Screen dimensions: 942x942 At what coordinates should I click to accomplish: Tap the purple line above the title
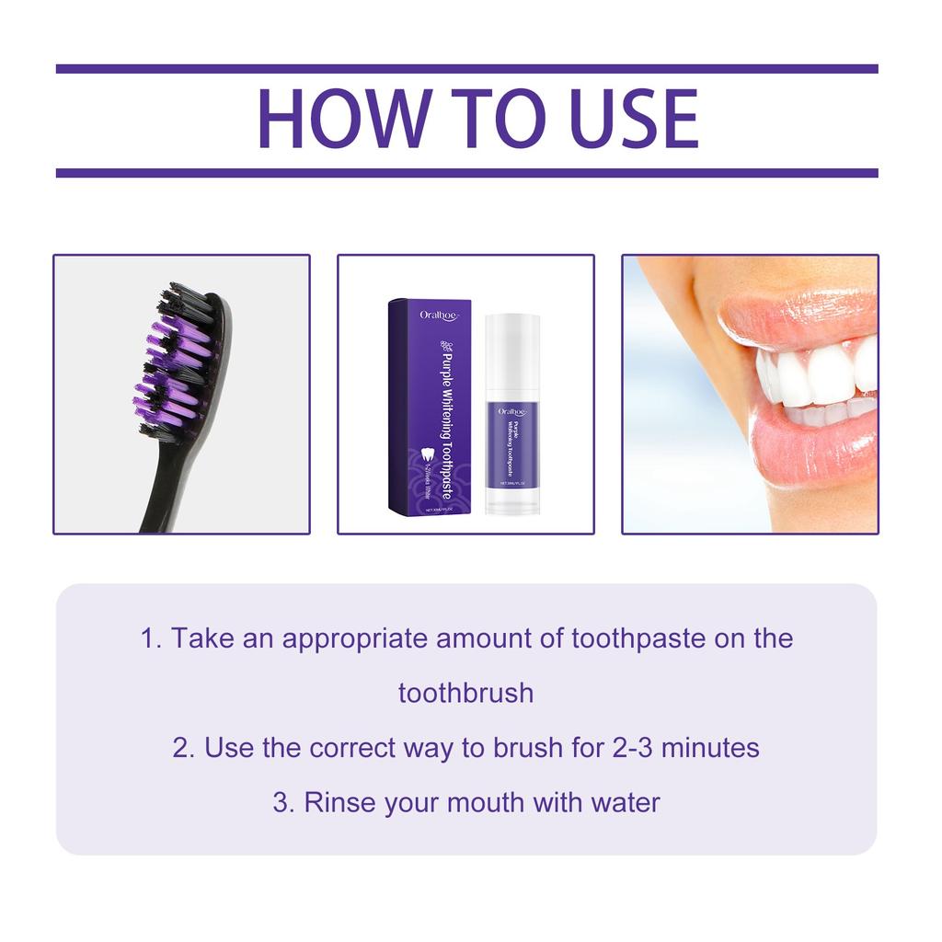pyautogui.click(x=466, y=69)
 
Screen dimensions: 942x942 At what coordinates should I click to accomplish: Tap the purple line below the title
pyautogui.click(x=466, y=173)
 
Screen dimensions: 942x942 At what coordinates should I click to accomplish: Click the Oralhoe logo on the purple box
pyautogui.click(x=439, y=316)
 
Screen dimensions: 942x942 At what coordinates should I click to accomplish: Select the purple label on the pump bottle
pyautogui.click(x=512, y=440)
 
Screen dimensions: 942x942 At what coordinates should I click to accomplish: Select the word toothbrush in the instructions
pyautogui.click(x=465, y=693)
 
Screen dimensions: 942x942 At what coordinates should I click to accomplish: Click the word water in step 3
pyautogui.click(x=625, y=802)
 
